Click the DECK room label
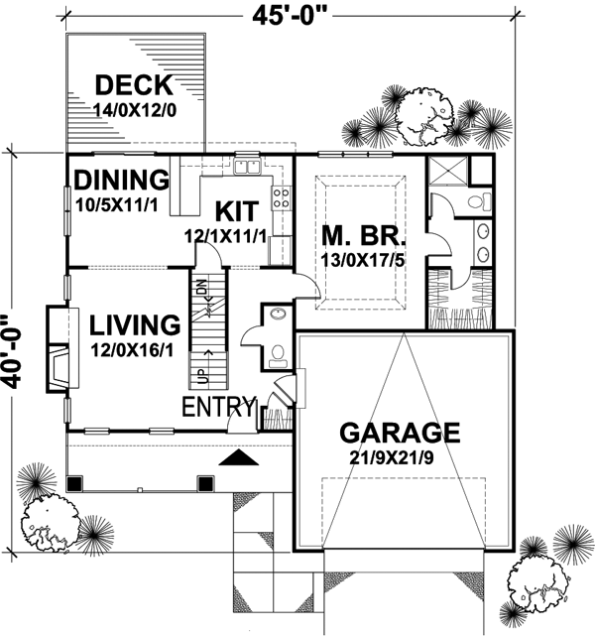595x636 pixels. [134, 84]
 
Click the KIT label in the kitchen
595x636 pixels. [236, 210]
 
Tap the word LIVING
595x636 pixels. [134, 325]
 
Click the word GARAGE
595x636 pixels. [400, 433]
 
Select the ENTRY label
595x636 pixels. [218, 408]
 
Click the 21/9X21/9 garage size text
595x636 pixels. [400, 459]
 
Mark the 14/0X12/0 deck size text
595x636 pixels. [135, 108]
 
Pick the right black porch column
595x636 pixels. [205, 483]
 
